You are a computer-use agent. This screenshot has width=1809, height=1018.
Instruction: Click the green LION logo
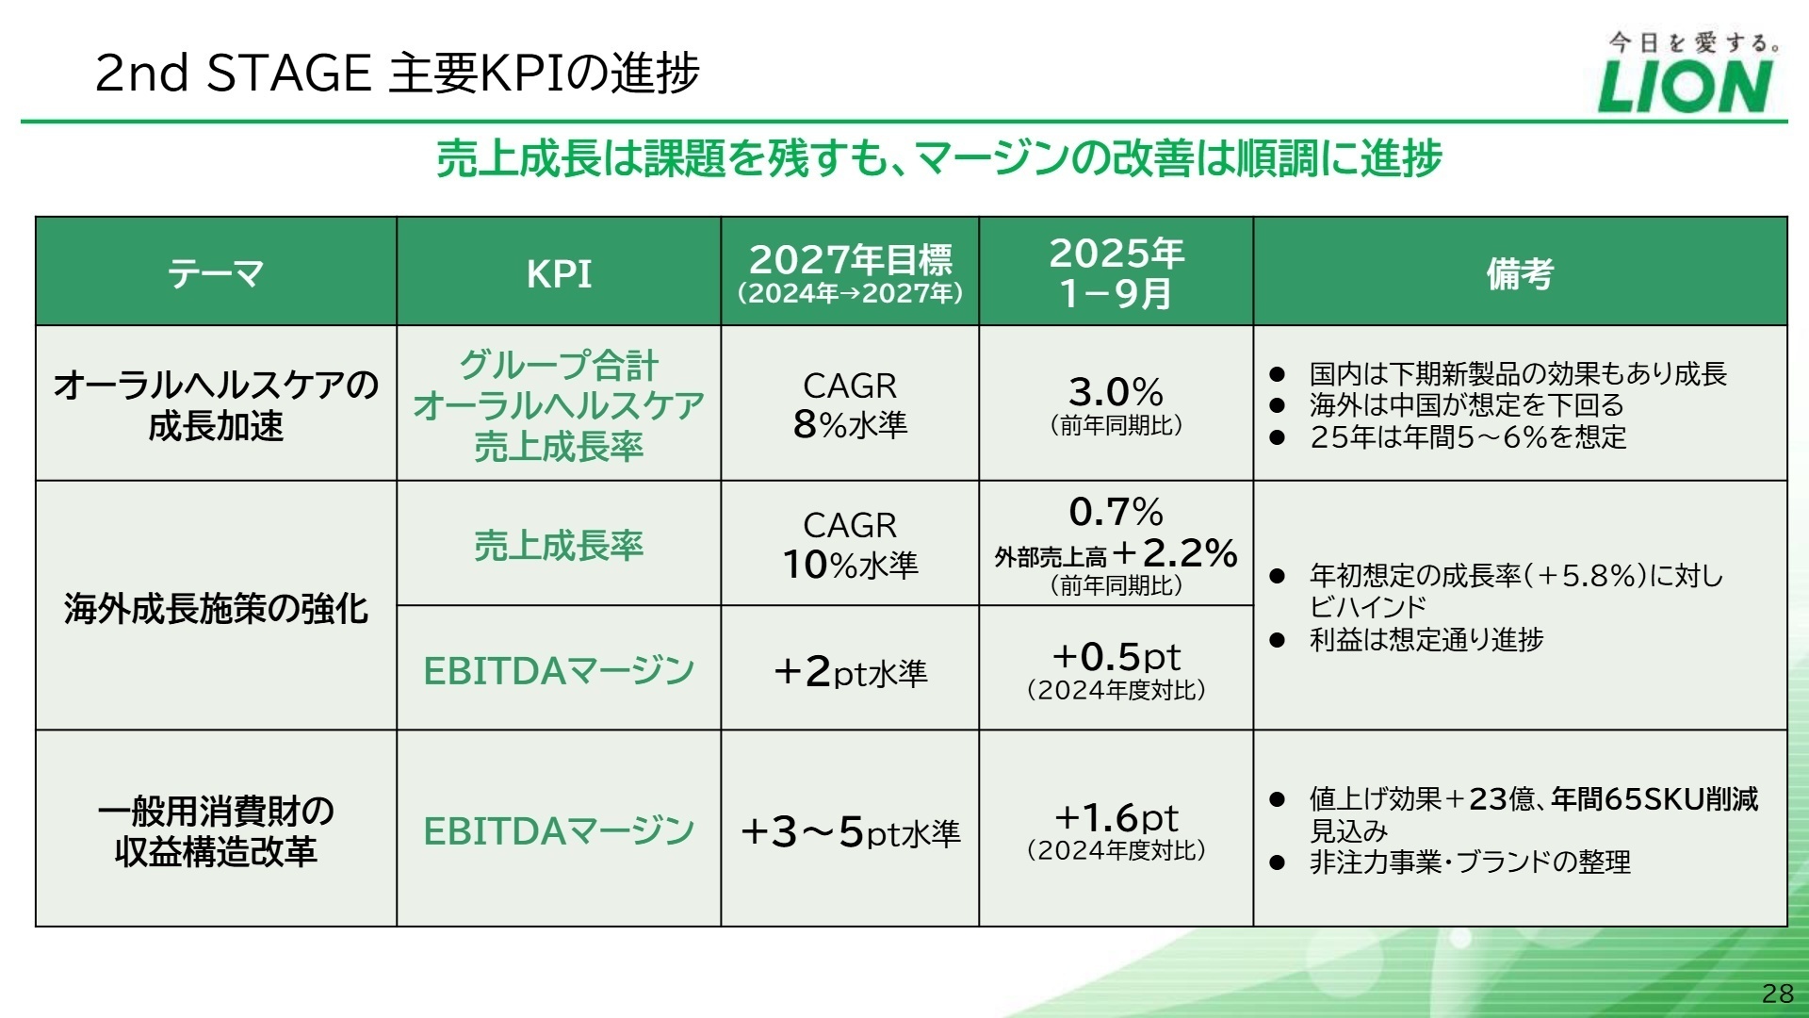1685,87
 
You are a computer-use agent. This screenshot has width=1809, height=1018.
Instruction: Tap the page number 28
1777,993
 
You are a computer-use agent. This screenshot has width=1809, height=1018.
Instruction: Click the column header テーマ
216,273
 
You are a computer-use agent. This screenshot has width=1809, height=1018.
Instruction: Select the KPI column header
559,273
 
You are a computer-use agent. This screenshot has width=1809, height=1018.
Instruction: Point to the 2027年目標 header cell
850,271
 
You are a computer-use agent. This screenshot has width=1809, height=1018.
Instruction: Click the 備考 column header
1519,273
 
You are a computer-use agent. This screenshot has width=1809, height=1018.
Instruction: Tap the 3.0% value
1116,392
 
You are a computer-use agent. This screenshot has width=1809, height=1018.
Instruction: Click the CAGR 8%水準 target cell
850,405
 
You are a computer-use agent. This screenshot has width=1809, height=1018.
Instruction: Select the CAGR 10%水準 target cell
850,545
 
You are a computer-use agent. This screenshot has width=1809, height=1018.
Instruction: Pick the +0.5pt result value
1116,656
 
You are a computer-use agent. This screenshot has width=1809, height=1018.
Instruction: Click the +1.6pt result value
1116,817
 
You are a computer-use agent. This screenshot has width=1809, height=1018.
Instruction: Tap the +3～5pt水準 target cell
850,832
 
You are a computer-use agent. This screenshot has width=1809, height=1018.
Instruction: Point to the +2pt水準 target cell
850,672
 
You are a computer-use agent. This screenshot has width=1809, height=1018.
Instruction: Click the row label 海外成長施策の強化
216,609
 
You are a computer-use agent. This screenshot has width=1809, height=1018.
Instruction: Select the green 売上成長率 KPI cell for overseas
559,546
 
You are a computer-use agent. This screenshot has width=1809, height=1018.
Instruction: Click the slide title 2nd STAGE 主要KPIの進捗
398,73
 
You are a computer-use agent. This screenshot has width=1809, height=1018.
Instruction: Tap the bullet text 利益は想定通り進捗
1426,639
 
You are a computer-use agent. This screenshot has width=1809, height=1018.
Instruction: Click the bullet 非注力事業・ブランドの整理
1469,862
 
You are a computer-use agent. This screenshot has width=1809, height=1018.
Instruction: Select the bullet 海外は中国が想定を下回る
1466,405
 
